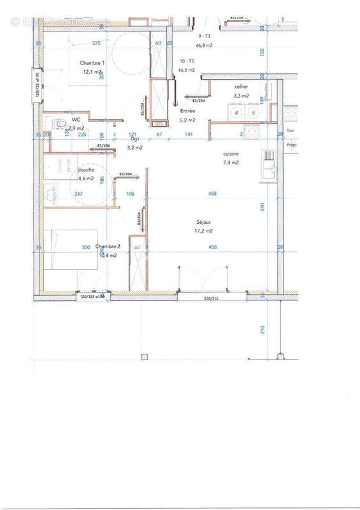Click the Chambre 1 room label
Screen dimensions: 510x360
[92, 62]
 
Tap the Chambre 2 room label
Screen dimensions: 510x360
[108, 247]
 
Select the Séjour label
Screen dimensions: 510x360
[205, 222]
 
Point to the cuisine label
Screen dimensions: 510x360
[231, 154]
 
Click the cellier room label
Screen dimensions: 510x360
[241, 86]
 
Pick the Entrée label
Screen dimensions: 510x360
[187, 111]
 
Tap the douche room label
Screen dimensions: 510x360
[86, 170]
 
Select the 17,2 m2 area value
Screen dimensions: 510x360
[205, 231]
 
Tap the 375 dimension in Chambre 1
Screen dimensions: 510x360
[96, 43]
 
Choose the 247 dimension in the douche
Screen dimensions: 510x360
[78, 194]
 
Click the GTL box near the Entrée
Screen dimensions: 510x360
[159, 124]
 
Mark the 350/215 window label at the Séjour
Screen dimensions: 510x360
[211, 298]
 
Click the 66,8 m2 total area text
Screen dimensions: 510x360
[204, 46]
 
